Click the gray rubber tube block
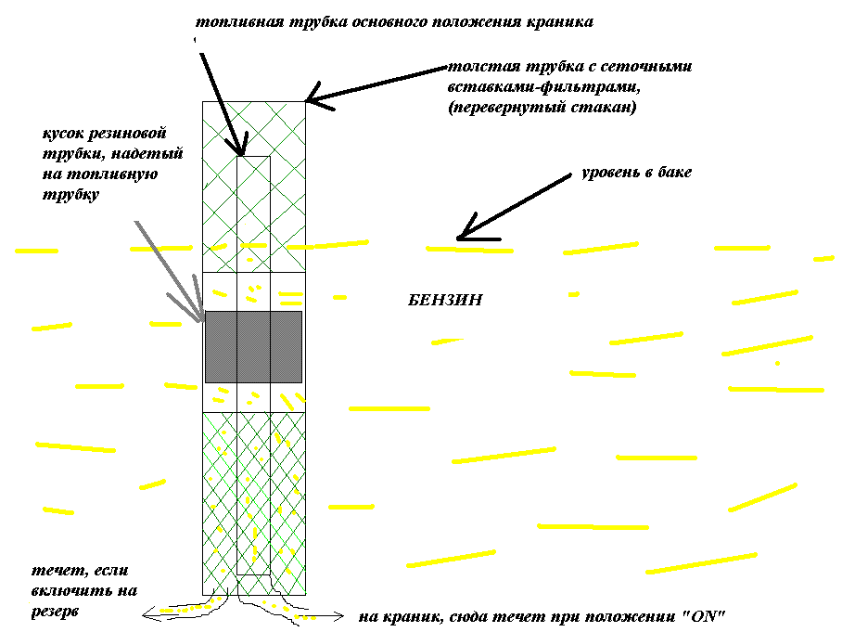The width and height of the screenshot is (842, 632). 253,346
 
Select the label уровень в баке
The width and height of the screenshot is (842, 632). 636,173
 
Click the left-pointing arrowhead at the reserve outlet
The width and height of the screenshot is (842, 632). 147,613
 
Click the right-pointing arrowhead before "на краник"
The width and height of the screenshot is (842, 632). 343,616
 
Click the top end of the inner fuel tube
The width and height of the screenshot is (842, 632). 253,158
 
